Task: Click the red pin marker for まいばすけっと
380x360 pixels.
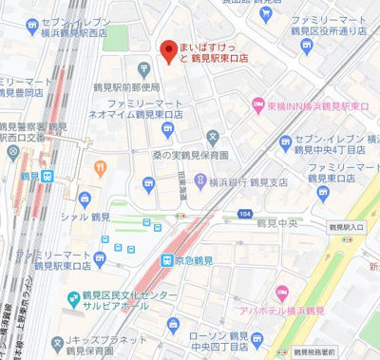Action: click(168, 50)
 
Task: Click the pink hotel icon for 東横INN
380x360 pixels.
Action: click(257, 104)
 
